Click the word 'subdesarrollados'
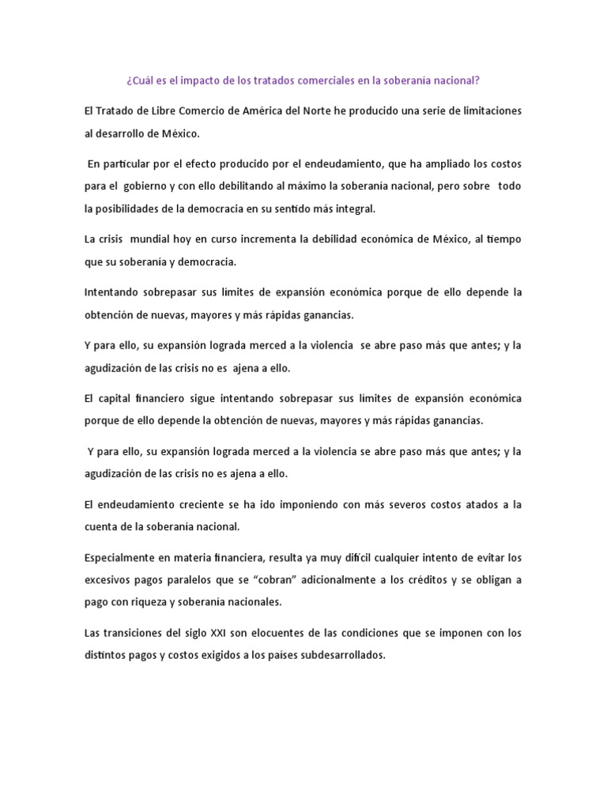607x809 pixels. [x=341, y=655]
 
